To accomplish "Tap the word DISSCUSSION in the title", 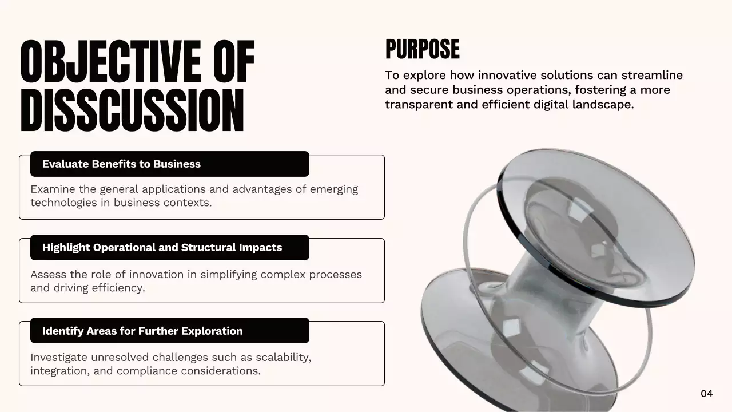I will (132, 110).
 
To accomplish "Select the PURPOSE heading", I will (422, 49).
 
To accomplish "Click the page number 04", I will (707, 393).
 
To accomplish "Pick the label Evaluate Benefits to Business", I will (121, 164).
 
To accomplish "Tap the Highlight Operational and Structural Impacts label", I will (162, 248).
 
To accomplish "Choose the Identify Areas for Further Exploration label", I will (142, 331).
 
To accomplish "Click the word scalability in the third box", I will (284, 358).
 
